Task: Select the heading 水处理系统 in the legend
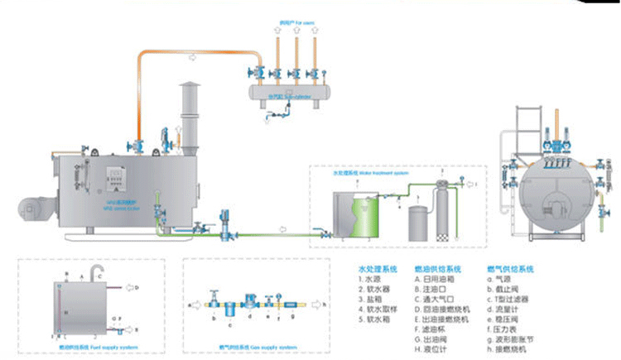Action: (377, 270)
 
